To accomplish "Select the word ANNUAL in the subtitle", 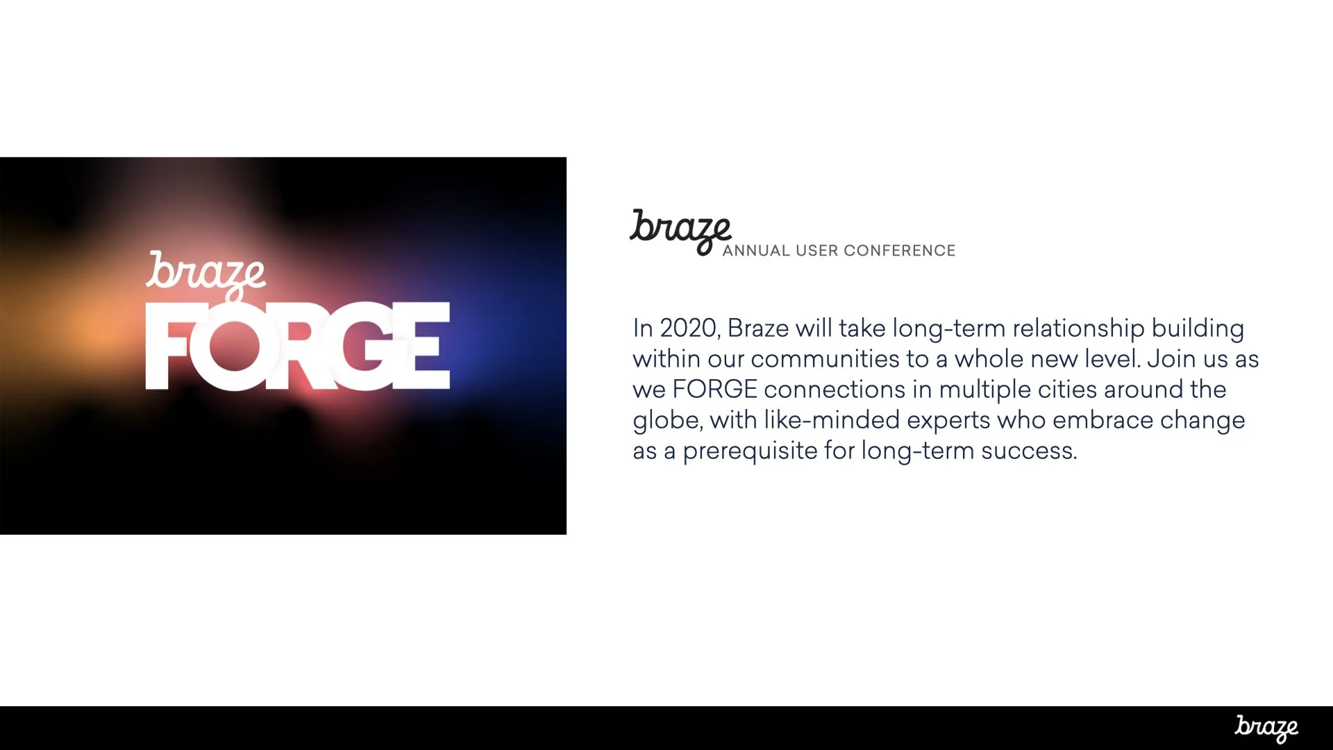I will pyautogui.click(x=756, y=251).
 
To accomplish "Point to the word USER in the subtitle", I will pyautogui.click(x=817, y=251).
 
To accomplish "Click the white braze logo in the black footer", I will pyautogui.click(x=1266, y=728).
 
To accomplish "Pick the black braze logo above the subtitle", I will pyautogui.click(x=680, y=229).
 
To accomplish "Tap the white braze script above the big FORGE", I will pyautogui.click(x=206, y=274).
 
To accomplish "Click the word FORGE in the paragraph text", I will pyautogui.click(x=714, y=390).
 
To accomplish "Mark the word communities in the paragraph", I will pyautogui.click(x=825, y=359).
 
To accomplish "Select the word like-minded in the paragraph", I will pyautogui.click(x=832, y=420).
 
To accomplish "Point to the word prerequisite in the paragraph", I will pyautogui.click(x=750, y=451).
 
